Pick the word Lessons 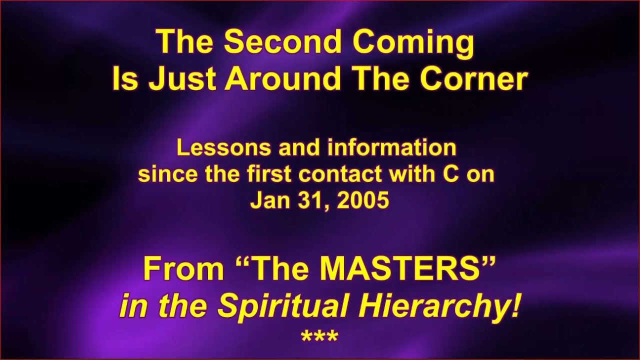[223, 147]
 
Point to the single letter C [451, 174]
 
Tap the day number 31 [312, 200]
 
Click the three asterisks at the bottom [319, 336]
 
